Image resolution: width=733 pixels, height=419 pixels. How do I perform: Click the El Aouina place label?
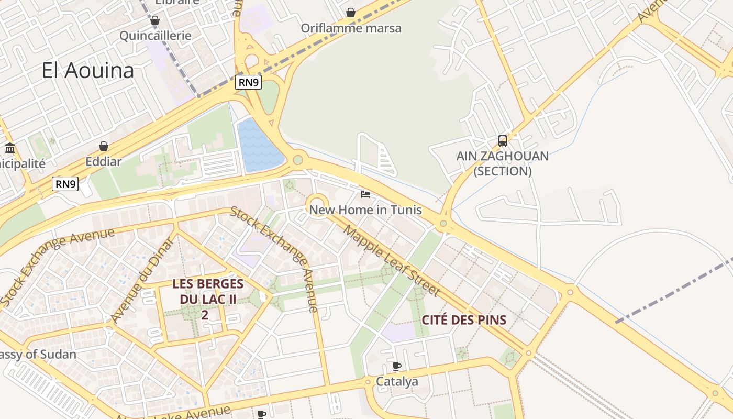coord(88,70)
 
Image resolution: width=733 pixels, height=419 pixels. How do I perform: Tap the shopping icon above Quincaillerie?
coord(154,21)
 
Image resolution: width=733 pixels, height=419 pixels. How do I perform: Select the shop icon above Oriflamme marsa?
coord(351,13)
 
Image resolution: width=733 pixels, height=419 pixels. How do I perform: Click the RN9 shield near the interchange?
coord(248,82)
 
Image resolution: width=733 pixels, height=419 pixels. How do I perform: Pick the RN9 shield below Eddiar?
coord(65,184)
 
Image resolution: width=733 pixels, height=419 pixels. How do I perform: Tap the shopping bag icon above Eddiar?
coord(104,146)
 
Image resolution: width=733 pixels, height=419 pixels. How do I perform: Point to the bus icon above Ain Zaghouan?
coord(502,140)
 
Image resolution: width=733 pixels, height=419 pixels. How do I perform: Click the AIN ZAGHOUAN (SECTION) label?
coord(502,163)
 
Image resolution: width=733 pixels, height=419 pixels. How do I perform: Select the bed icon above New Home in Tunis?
coord(365,194)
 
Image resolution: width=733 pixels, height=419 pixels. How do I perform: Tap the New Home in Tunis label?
coord(365,210)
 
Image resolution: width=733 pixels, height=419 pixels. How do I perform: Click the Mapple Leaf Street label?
coord(391,260)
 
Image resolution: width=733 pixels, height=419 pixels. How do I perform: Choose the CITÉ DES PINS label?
coord(464,319)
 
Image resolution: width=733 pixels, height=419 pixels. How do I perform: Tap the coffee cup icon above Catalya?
coord(397,366)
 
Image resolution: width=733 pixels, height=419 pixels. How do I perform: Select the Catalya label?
coord(397,382)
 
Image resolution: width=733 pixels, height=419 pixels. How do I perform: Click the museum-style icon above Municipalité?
coord(9,148)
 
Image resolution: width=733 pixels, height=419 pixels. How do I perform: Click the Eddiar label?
coord(104,161)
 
